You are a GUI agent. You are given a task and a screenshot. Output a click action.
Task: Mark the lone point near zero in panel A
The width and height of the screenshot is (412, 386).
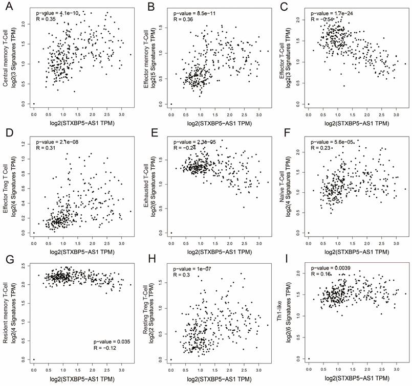coord(34,104)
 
